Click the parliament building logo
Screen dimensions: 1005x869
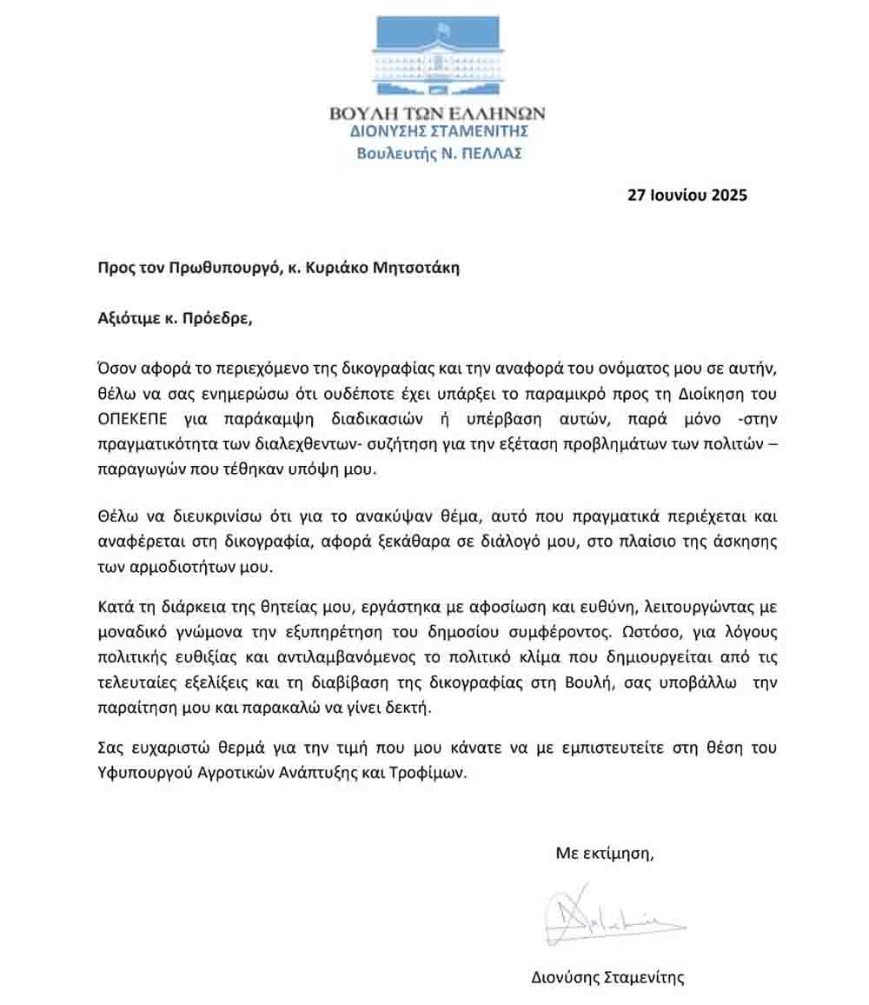tap(438, 57)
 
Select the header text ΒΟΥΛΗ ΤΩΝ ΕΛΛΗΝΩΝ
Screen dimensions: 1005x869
tap(438, 114)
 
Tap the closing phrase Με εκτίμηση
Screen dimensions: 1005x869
tap(604, 853)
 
